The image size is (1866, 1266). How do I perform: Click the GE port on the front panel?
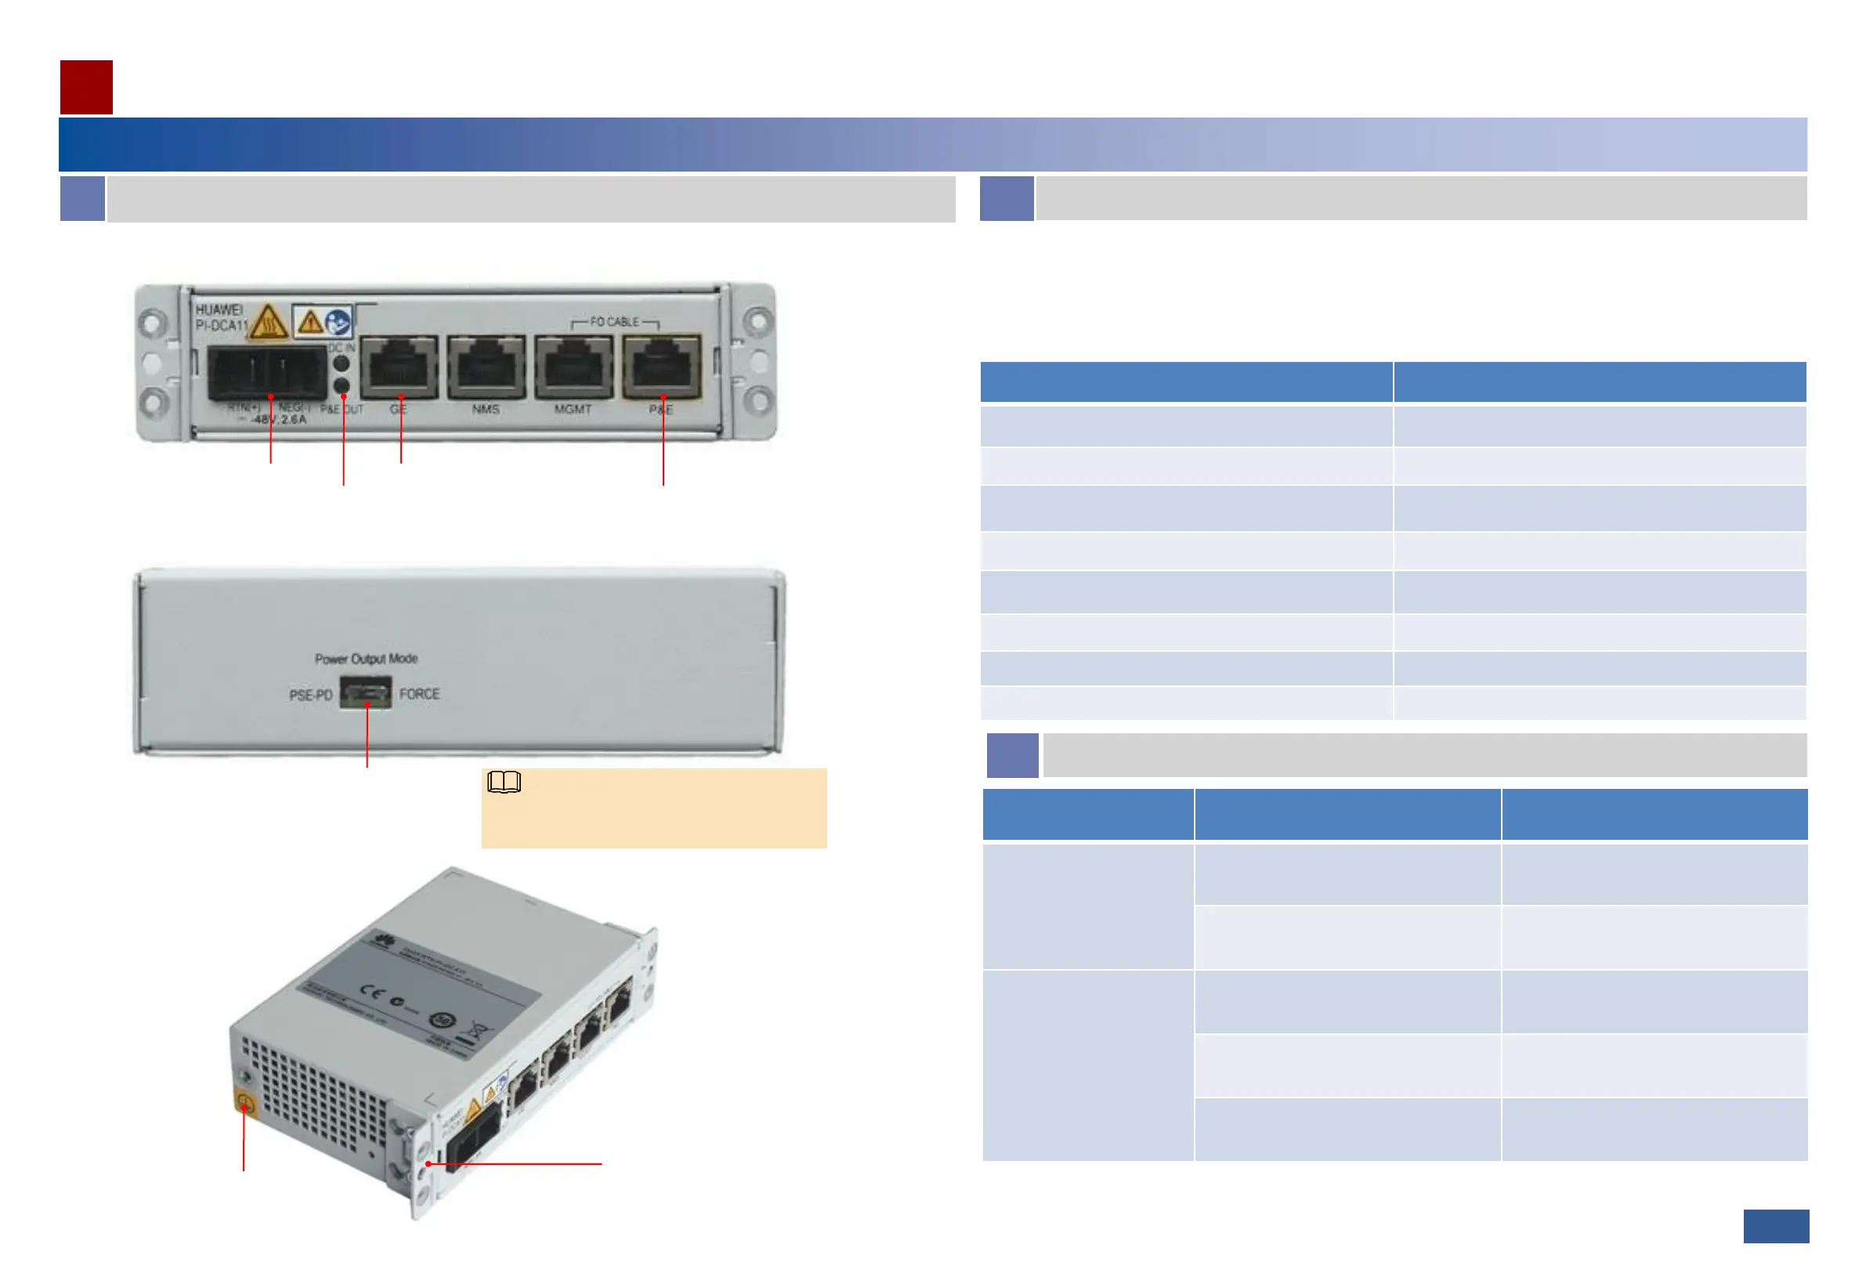(x=399, y=367)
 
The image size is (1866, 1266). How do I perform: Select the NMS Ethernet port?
(x=486, y=367)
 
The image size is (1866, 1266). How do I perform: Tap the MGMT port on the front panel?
(x=573, y=367)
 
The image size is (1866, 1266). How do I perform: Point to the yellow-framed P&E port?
(x=662, y=367)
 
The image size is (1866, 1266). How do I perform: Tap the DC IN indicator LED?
(x=342, y=363)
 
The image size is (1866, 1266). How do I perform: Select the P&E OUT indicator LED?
(x=342, y=385)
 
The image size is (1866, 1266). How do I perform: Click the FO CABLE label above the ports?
(x=614, y=322)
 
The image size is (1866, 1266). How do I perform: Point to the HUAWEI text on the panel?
(x=219, y=310)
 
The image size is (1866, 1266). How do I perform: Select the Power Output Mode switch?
(x=365, y=692)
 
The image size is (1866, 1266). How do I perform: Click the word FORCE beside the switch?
(x=419, y=693)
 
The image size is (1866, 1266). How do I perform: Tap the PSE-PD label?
(x=311, y=695)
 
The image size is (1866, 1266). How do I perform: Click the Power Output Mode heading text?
(x=366, y=659)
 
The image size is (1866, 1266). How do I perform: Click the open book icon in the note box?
(x=504, y=782)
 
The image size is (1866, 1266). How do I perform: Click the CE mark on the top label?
(x=372, y=989)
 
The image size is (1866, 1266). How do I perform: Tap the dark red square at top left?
(x=86, y=87)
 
